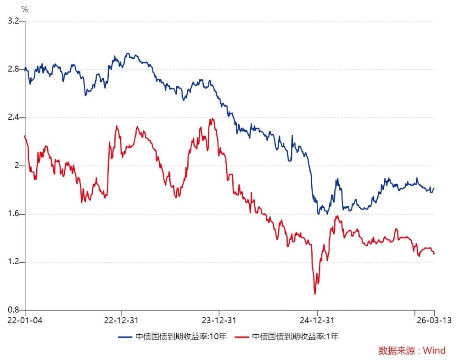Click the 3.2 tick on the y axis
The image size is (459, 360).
[12, 21]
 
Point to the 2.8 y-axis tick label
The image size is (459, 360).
[12, 69]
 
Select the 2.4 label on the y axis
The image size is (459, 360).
[12, 117]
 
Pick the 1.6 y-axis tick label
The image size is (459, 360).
[12, 214]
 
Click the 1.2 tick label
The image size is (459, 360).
[12, 262]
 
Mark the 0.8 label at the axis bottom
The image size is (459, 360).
[12, 310]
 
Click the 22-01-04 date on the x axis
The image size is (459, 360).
[25, 320]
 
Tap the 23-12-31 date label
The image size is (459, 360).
[219, 320]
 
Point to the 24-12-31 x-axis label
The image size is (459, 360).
[317, 320]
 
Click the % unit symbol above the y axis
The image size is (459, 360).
[25, 9]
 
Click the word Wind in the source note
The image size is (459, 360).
[434, 351]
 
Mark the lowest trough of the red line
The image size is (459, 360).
[315, 294]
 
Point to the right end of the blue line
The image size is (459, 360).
[434, 188]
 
